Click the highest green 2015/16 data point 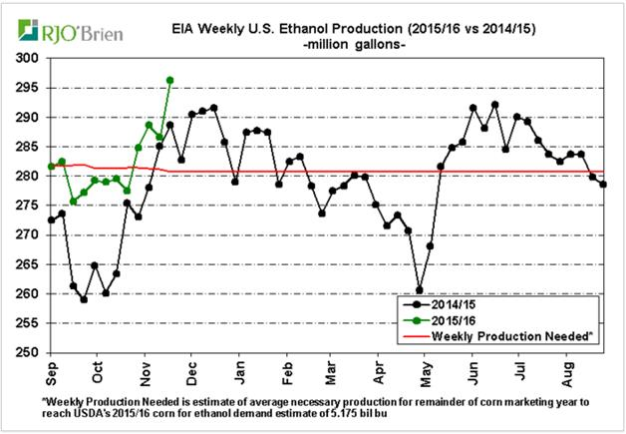click(x=170, y=80)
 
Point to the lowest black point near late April click(x=420, y=290)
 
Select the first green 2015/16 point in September click(x=51, y=167)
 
